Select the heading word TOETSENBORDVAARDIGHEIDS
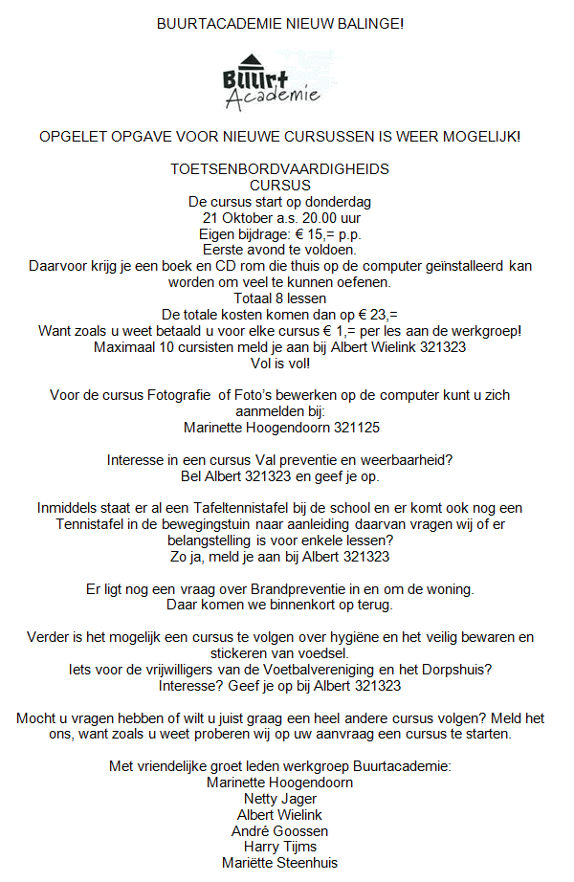[x=279, y=168]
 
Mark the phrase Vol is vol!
[x=279, y=364]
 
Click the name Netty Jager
[x=279, y=799]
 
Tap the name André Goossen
[x=279, y=830]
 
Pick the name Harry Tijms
[x=279, y=847]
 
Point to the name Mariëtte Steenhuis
[x=279, y=863]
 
